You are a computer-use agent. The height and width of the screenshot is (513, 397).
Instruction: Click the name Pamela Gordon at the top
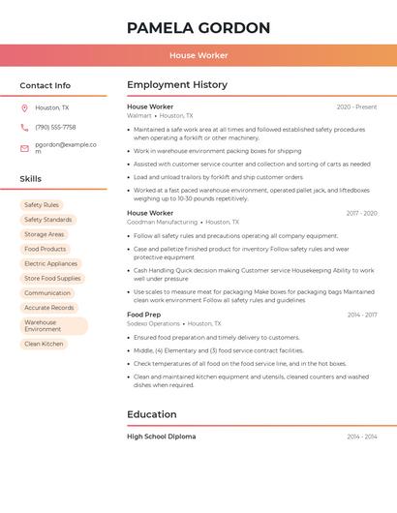tap(198, 28)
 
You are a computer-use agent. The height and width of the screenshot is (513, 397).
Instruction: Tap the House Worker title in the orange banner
tap(198, 55)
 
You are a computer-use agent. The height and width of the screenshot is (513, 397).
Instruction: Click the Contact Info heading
tap(45, 85)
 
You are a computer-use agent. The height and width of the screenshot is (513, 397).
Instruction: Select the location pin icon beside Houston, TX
tap(24, 107)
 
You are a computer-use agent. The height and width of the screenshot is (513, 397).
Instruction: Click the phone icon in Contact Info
tap(24, 127)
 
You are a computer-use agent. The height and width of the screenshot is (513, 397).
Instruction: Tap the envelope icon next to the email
tap(24, 148)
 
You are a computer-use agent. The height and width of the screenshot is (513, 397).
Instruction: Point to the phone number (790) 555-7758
tap(55, 127)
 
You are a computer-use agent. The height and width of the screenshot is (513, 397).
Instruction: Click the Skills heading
tap(31, 179)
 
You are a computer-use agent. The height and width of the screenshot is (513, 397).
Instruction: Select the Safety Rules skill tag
tap(42, 205)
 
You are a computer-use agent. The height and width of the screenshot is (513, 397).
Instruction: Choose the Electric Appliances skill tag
tap(50, 263)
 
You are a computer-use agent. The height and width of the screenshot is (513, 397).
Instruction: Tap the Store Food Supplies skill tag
tap(52, 278)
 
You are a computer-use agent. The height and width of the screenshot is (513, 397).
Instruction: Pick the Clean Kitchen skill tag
tap(44, 344)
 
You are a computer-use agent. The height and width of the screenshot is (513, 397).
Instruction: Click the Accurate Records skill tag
tap(49, 308)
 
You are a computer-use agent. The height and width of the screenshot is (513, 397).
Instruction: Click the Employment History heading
tap(177, 85)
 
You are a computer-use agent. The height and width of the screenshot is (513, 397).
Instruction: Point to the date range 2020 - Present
tap(356, 106)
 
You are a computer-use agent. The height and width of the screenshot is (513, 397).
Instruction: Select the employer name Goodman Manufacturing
tap(162, 222)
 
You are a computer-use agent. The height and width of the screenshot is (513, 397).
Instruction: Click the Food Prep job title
tap(144, 315)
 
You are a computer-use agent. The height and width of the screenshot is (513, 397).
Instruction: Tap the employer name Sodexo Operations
tap(153, 324)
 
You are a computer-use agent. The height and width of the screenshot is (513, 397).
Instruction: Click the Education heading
tap(151, 414)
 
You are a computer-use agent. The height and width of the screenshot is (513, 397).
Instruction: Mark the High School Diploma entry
tap(161, 437)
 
